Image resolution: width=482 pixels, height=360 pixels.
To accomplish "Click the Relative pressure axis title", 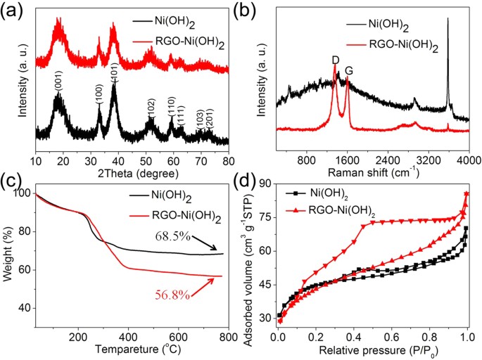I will pyautogui.click(x=372, y=347).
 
